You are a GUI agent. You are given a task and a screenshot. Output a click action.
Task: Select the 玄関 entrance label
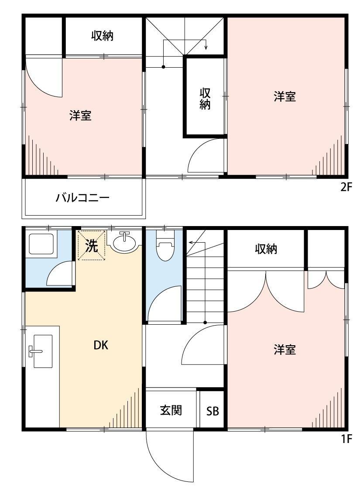[171, 410]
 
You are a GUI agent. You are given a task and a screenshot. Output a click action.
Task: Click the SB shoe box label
[213, 411]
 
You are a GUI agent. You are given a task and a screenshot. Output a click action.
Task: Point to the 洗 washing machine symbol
[91, 246]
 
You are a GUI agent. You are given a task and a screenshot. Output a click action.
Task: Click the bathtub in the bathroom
[41, 244]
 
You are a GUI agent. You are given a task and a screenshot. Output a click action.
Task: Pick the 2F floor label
[346, 188]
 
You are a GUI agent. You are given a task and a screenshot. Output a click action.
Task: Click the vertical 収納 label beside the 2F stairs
[205, 99]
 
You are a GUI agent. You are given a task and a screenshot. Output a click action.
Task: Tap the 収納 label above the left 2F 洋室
[103, 36]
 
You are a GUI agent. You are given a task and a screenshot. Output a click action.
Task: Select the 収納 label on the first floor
[266, 249]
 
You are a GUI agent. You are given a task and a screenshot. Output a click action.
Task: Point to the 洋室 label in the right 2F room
[285, 96]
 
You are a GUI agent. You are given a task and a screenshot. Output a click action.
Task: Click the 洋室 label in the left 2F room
[80, 116]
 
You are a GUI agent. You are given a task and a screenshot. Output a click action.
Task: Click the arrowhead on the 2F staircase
[206, 48]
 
